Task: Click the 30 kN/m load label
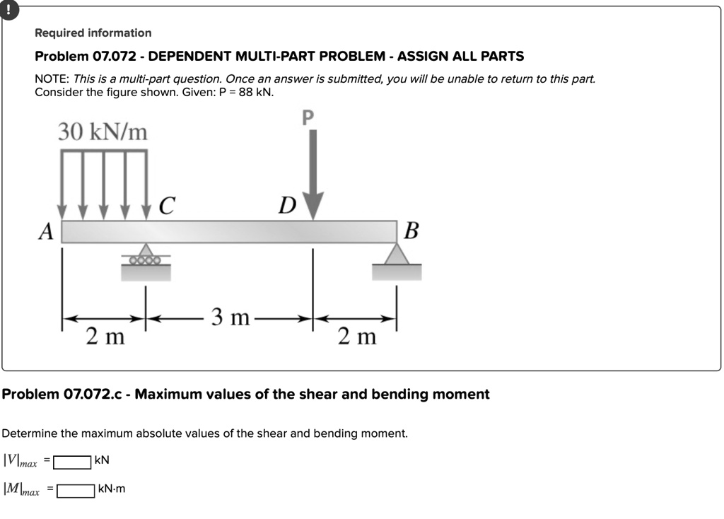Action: pyautogui.click(x=103, y=132)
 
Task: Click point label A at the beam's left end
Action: pyautogui.click(x=46, y=231)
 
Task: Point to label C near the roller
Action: pyautogui.click(x=165, y=206)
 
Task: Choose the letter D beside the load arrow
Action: pyautogui.click(x=286, y=206)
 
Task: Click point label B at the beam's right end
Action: pyautogui.click(x=412, y=231)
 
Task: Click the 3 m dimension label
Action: pyautogui.click(x=230, y=317)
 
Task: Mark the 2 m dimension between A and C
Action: pyautogui.click(x=105, y=337)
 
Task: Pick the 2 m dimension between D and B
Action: pyautogui.click(x=357, y=337)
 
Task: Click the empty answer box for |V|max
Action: pyautogui.click(x=73, y=462)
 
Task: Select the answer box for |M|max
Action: pyautogui.click(x=76, y=490)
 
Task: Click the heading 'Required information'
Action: pyautogui.click(x=93, y=33)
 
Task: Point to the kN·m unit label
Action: pyautogui.click(x=112, y=489)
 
